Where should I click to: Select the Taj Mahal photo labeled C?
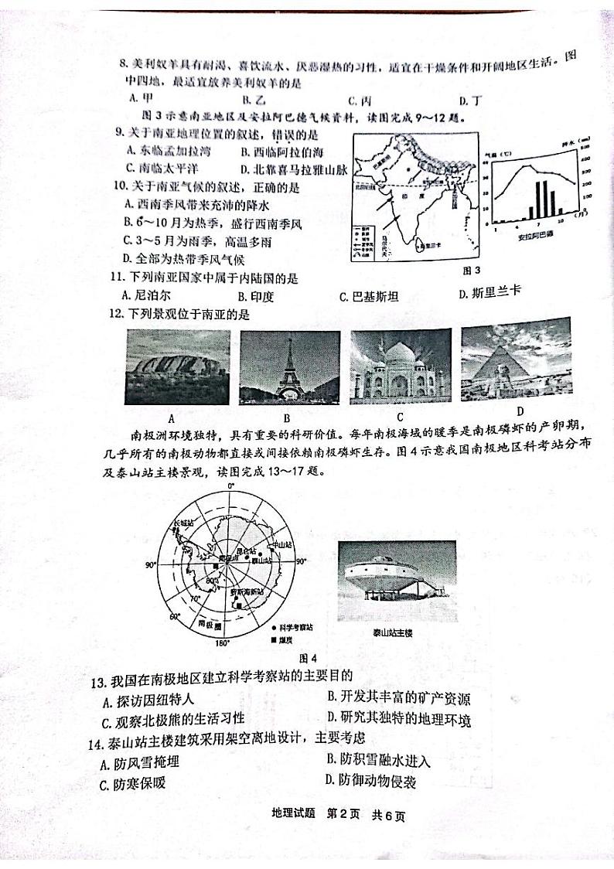point(401,366)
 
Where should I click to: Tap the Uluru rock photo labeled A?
point(177,366)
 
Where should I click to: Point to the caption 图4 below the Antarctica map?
point(308,658)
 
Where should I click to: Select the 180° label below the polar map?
point(221,643)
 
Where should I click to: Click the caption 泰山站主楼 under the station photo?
point(394,632)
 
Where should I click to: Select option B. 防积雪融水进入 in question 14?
point(378,760)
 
